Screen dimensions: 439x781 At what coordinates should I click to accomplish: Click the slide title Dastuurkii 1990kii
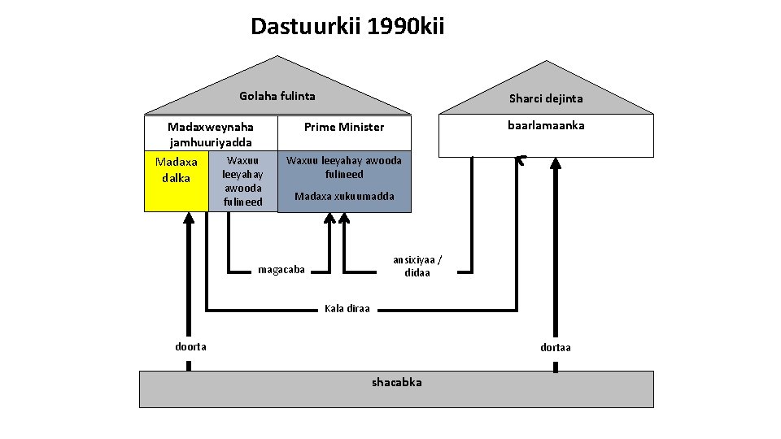(x=347, y=27)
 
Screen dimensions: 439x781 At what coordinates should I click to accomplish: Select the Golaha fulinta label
(x=277, y=96)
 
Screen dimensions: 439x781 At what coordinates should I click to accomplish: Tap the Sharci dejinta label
(x=545, y=98)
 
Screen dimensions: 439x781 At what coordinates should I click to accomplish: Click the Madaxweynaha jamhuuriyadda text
(x=210, y=134)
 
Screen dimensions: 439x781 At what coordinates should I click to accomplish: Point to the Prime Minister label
(x=343, y=127)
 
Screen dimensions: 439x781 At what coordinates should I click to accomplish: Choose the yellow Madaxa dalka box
(x=176, y=180)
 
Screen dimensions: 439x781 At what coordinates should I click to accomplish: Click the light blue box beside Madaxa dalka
(x=242, y=181)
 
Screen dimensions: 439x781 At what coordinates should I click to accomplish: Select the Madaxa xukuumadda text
(x=344, y=196)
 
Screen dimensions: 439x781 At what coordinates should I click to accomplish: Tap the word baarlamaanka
(x=545, y=125)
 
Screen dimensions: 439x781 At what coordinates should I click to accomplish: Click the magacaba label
(x=281, y=269)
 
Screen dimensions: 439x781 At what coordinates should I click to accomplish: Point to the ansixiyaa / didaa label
(x=417, y=266)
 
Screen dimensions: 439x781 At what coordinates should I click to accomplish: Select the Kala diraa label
(x=347, y=308)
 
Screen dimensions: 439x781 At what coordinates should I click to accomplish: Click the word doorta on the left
(x=191, y=346)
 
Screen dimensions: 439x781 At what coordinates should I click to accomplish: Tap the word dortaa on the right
(x=556, y=347)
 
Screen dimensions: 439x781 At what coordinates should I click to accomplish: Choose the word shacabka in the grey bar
(x=396, y=381)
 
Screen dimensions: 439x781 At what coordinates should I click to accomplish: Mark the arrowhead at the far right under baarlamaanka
(x=555, y=163)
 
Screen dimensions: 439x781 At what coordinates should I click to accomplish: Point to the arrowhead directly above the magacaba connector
(x=329, y=218)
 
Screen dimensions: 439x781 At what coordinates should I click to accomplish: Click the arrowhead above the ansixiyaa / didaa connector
(x=345, y=218)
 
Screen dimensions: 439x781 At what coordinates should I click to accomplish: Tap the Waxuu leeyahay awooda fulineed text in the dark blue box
(x=344, y=167)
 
